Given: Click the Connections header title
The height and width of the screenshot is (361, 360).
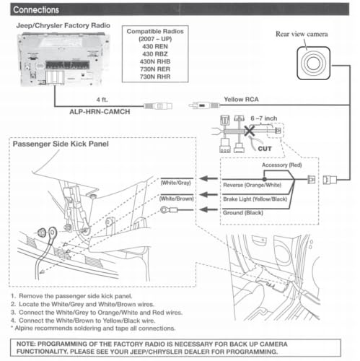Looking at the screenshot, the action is pos(36,10).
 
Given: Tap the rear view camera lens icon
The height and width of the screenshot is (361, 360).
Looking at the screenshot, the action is pos(313,63).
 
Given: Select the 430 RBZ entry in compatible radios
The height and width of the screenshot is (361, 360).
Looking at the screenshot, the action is pos(155,54).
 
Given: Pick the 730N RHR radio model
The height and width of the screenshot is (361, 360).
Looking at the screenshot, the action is pos(155,77).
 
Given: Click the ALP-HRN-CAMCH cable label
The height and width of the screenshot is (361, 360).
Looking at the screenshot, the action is pos(100,112).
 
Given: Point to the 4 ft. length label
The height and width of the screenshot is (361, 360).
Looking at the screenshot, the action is pos(102,100).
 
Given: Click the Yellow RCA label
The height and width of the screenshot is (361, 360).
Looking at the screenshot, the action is pos(241,100).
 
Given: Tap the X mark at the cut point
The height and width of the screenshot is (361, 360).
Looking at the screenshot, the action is pos(250,131).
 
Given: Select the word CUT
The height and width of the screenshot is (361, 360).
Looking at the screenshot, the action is pos(265,149).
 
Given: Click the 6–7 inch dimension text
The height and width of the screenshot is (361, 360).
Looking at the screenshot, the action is pos(264,118).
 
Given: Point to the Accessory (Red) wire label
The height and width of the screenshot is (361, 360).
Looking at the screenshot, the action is pos(281,165).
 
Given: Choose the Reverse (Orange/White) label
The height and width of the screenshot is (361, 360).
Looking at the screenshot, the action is pos(253,185).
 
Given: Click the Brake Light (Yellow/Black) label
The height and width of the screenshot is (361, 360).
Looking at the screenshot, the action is pos(255,199).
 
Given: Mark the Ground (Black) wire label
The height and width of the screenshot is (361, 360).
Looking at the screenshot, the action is pos(243,213).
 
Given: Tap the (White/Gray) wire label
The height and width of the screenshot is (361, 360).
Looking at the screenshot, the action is pos(176,183).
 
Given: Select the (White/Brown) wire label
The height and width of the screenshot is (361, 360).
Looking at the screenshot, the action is pos(177,199).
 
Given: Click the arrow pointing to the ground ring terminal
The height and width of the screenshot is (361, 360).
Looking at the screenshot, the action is pos(208,209).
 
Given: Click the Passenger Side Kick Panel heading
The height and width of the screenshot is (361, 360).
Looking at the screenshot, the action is pos(61,144).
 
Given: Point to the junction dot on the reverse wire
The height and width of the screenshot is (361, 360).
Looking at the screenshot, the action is pos(264,179).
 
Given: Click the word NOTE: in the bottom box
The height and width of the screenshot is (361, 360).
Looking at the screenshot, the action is pos(26,344).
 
